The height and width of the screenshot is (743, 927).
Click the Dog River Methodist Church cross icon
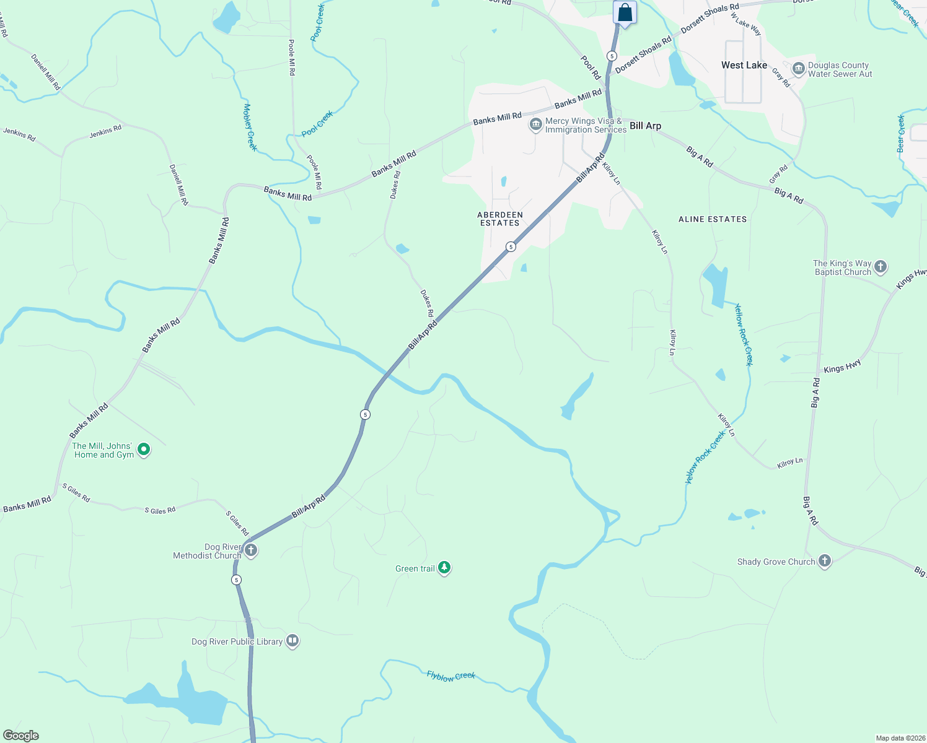251,550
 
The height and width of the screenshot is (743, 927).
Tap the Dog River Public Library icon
292,641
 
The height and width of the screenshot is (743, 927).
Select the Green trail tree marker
444,567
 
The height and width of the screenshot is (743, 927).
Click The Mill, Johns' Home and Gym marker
144,450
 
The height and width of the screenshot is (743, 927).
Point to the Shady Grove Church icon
824,561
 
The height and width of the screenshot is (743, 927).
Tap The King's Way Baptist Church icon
881,267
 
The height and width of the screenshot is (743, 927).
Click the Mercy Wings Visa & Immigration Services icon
535,124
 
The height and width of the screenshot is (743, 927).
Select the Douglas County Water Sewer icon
799,68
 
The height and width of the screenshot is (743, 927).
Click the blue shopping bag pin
625,12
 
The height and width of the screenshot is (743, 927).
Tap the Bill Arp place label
645,126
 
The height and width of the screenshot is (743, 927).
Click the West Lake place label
744,65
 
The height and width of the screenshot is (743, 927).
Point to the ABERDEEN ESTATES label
500,219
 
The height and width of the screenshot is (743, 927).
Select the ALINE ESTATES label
713,219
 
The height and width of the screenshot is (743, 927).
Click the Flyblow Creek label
450,676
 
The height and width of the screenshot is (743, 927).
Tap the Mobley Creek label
249,128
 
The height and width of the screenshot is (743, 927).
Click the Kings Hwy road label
842,367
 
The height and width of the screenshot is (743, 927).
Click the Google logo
20,736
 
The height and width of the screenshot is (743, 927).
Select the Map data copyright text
900,738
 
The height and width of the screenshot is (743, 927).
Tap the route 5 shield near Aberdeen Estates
511,246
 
